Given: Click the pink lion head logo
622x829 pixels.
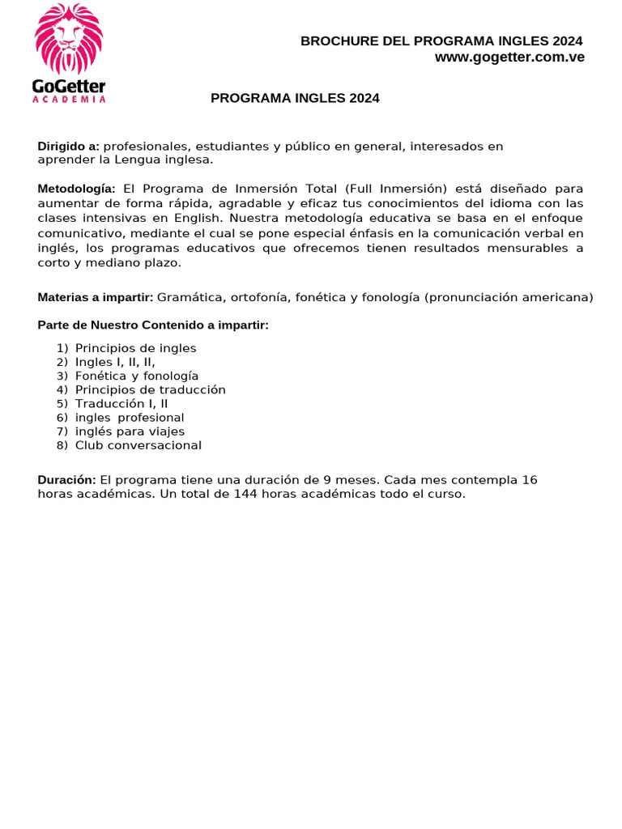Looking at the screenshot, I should (69, 39).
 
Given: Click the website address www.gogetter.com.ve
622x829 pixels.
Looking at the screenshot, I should (509, 57).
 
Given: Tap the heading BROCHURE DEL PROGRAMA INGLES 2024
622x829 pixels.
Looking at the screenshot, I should (441, 41).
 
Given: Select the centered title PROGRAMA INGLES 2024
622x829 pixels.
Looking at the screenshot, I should (295, 99).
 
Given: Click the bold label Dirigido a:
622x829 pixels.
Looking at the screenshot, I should (69, 147).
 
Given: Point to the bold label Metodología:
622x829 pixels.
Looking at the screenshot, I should (76, 189).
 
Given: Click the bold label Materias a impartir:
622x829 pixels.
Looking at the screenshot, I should (96, 297).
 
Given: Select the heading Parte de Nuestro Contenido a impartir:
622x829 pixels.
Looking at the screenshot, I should (153, 325).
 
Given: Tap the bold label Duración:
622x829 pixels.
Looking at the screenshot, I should (67, 480).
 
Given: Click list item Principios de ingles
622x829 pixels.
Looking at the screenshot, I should (135, 348).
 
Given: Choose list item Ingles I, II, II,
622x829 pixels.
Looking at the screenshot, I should (115, 362).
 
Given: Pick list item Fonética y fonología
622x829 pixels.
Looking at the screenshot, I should (137, 376).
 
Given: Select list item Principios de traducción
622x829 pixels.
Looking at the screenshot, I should (150, 389).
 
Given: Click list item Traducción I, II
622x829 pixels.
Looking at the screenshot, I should (121, 403).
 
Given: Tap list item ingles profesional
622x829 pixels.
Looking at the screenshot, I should (130, 418).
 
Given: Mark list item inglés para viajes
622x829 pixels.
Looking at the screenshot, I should (130, 432).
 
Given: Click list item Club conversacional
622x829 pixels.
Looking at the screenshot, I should (138, 445).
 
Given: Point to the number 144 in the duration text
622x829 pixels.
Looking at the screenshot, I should (245, 494).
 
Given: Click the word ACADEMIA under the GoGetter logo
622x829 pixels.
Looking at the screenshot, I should (69, 99).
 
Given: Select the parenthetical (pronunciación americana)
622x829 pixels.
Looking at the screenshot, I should (509, 297).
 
